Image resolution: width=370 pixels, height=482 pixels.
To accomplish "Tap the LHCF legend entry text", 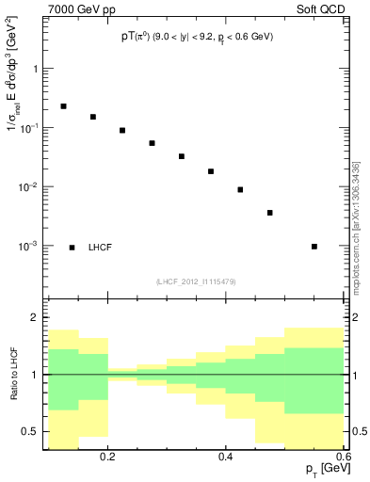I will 101,248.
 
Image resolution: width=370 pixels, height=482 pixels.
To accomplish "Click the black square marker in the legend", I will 72,248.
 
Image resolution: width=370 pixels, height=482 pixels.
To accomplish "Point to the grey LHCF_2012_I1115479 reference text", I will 196,281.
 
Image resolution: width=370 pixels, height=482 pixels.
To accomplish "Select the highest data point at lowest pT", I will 63,106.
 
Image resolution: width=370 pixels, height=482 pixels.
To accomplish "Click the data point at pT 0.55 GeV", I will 314,247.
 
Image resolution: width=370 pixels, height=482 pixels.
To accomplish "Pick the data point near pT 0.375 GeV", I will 211,171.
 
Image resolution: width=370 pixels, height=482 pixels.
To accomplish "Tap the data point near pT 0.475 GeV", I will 269,213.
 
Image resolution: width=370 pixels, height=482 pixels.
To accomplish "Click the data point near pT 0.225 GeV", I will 122,130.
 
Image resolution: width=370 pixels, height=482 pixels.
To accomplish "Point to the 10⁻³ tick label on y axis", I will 27,246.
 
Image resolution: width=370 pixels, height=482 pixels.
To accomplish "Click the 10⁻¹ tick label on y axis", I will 27,128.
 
